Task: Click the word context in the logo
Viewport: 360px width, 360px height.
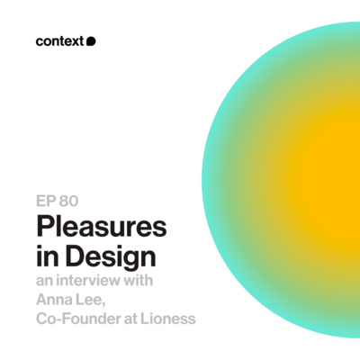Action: click(x=59, y=40)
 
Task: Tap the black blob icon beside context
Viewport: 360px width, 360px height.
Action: click(x=91, y=40)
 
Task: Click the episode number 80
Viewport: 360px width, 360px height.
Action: click(x=71, y=201)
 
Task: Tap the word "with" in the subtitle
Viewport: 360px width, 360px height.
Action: click(x=140, y=281)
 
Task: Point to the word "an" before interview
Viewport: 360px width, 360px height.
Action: click(x=44, y=281)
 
